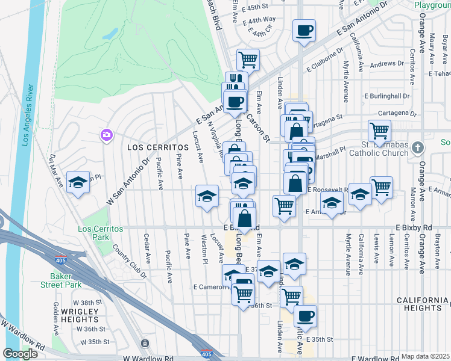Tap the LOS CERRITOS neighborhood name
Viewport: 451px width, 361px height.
point(151,147)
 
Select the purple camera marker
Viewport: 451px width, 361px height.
point(107,134)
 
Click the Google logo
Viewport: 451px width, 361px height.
point(20,354)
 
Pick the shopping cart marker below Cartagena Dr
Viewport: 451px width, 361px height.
point(380,129)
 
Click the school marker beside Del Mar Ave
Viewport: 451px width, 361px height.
point(78,182)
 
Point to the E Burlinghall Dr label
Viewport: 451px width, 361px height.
point(387,96)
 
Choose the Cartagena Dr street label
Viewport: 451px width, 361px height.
point(397,113)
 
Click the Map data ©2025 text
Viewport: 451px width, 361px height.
point(425,356)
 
